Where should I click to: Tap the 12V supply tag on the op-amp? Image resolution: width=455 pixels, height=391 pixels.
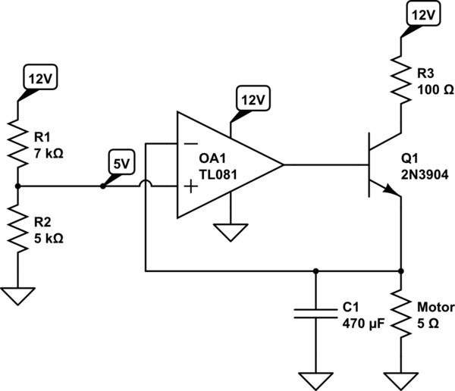pos(253,99)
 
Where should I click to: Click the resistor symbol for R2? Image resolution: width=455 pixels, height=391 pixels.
pos(17,228)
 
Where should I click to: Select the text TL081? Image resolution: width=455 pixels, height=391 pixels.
pos(218,174)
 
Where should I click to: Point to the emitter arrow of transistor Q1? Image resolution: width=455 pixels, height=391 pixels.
pos(392,192)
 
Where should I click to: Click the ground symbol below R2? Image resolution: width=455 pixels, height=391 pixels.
pos(17,295)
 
